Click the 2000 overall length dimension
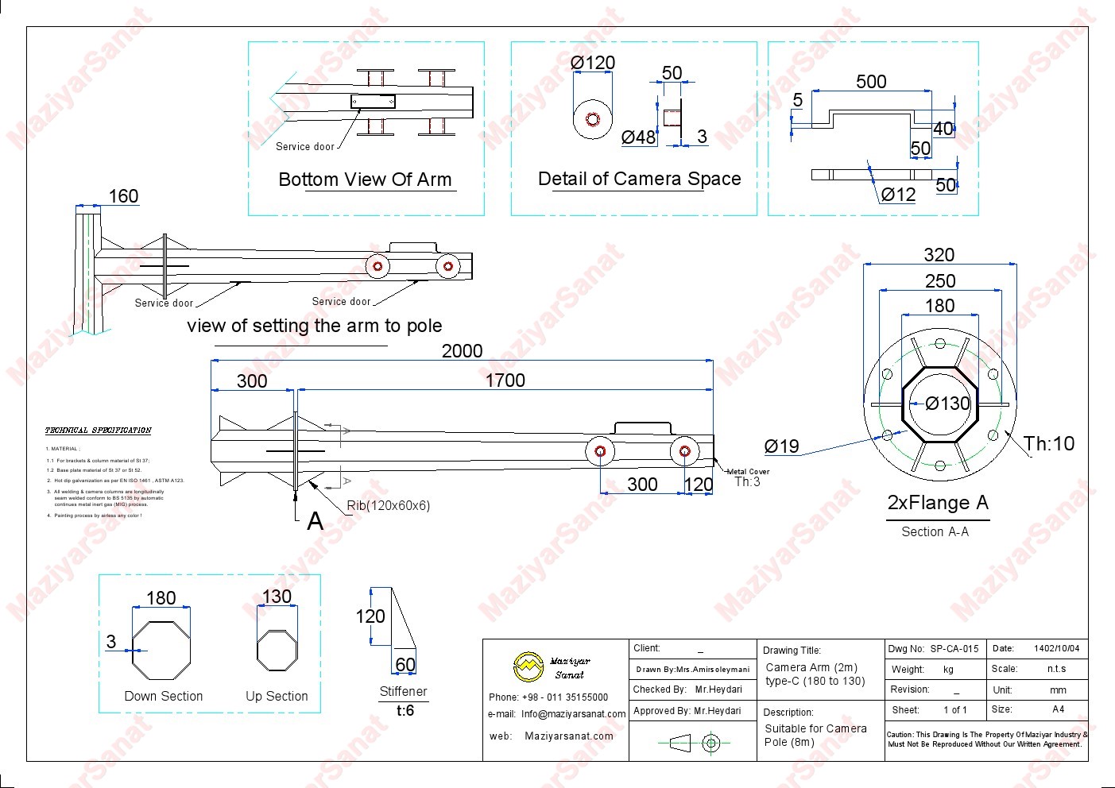click(x=462, y=351)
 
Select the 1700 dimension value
click(x=505, y=380)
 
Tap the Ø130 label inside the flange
click(x=947, y=404)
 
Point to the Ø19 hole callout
click(x=781, y=446)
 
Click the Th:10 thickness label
click(x=1048, y=444)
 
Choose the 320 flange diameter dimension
click(x=939, y=255)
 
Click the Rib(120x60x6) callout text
click(x=388, y=506)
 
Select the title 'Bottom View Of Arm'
click(x=365, y=180)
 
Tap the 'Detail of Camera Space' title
click(x=639, y=179)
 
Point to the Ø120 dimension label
click(x=593, y=63)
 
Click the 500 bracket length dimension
click(x=871, y=82)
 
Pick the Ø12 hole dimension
click(x=898, y=195)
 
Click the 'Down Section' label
click(x=164, y=697)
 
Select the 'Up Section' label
click(x=277, y=697)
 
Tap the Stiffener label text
click(x=403, y=692)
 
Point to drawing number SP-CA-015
click(x=954, y=649)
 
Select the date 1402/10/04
click(x=1056, y=649)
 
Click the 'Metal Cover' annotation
click(x=748, y=472)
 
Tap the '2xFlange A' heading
click(x=938, y=503)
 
